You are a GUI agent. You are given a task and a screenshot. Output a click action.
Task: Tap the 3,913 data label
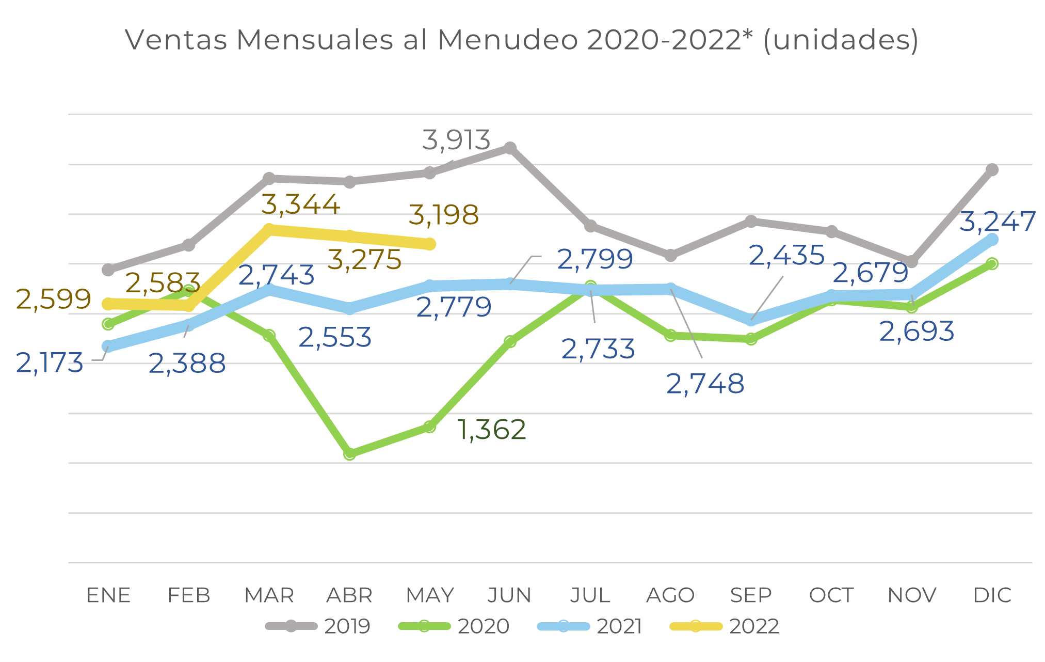[x=456, y=140]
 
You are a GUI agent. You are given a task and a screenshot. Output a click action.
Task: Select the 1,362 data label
[x=492, y=430]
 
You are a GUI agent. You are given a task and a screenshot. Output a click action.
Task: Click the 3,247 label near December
[x=997, y=222]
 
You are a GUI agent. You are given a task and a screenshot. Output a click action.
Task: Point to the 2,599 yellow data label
[x=54, y=299]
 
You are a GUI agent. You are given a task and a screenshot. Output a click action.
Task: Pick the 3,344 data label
[x=301, y=204]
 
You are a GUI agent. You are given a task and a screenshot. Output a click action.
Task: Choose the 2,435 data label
[x=786, y=255]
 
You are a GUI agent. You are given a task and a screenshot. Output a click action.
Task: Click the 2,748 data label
[x=705, y=384]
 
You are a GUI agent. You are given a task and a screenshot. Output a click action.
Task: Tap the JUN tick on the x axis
[x=509, y=595]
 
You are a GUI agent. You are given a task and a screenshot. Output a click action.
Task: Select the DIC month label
[x=992, y=595]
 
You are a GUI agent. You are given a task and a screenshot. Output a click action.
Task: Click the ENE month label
[x=108, y=595]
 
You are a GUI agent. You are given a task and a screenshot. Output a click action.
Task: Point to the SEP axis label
[x=751, y=595]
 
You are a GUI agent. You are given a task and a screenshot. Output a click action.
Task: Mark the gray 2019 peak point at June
[x=510, y=148]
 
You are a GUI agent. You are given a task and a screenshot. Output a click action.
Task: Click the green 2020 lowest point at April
[x=349, y=454]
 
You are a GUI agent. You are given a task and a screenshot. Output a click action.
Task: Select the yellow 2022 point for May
[x=429, y=244]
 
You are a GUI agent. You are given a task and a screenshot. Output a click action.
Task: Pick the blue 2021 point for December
[x=992, y=239]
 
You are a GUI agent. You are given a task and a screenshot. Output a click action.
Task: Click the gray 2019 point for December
[x=992, y=169]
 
